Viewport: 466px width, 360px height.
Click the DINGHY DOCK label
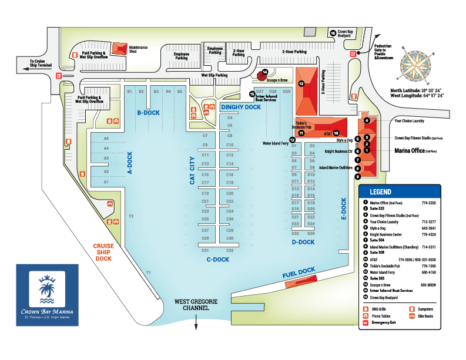pyautogui.click(x=240, y=107)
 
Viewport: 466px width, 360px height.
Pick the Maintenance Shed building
pyautogui.click(x=119, y=48)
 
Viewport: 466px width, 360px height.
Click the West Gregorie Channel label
pyautogui.click(x=196, y=305)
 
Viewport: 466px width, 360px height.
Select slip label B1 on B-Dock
pyautogui.click(x=129, y=92)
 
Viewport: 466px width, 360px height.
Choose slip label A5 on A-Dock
pyautogui.click(x=106, y=139)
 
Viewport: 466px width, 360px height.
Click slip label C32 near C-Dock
pyautogui.click(x=230, y=251)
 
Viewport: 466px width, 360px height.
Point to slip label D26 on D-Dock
pyautogui.click(x=311, y=233)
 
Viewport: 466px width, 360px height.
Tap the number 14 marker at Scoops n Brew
pyautogui.click(x=265, y=72)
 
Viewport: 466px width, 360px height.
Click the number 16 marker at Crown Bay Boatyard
pyautogui.click(x=333, y=33)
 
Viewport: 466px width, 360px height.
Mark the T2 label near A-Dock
pyautogui.click(x=131, y=216)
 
